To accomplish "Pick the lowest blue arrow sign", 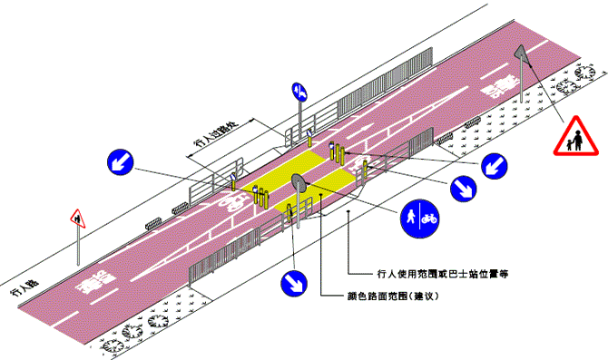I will pos(294,282).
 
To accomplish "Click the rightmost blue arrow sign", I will pos(494,165).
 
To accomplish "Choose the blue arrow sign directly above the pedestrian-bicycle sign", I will pos(463,188).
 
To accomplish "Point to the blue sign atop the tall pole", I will pos(299,91).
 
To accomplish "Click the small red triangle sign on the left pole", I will pos(76,218).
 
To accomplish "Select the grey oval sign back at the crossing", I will pos(299,185).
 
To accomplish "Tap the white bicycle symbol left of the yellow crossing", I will pos(234,199).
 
